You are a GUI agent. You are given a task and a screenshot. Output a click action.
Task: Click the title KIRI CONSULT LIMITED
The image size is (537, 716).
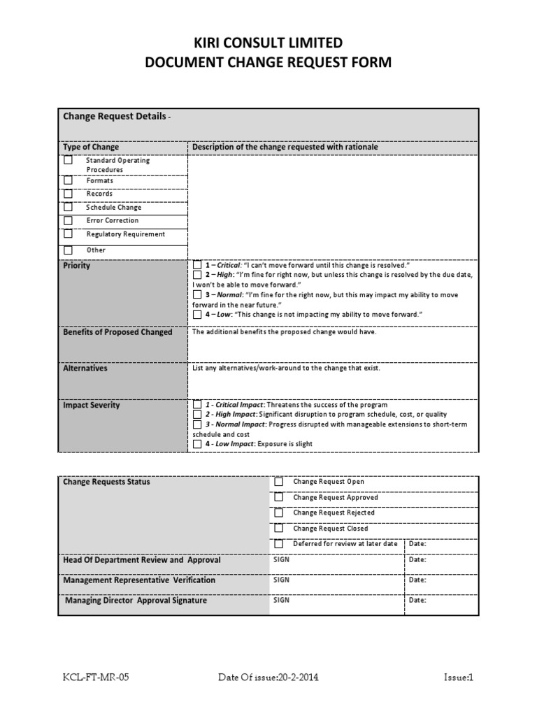[268, 43]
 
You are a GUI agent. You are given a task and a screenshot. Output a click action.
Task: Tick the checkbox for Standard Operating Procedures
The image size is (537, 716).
[68, 160]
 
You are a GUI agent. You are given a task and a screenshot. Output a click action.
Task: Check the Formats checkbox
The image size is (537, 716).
[68, 180]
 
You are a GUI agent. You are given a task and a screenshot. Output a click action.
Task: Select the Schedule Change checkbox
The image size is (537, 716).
[68, 207]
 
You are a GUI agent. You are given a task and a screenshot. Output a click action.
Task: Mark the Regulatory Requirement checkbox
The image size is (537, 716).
[68, 234]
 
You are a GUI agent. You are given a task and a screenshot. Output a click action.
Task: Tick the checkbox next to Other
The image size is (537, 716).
[68, 250]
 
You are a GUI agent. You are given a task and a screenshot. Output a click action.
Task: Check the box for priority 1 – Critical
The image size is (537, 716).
[197, 266]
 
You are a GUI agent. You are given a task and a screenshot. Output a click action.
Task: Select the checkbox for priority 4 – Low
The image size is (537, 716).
[197, 315]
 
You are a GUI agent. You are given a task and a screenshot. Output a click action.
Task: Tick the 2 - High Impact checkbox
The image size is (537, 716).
[197, 415]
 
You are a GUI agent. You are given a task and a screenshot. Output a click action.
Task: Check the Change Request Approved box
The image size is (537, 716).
[278, 497]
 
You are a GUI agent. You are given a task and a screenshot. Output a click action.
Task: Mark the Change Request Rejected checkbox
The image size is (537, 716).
[278, 513]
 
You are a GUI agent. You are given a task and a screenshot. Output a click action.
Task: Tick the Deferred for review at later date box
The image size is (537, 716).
[278, 543]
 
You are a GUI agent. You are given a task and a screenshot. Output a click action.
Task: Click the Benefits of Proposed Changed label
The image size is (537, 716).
[117, 332]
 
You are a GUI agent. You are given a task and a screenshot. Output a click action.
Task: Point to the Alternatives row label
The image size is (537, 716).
[85, 368]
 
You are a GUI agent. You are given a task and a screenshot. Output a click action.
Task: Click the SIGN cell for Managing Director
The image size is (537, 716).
[336, 600]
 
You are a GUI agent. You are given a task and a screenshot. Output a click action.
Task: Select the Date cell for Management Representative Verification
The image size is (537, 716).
[441, 580]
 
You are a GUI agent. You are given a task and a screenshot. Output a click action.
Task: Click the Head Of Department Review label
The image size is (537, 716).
[142, 560]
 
